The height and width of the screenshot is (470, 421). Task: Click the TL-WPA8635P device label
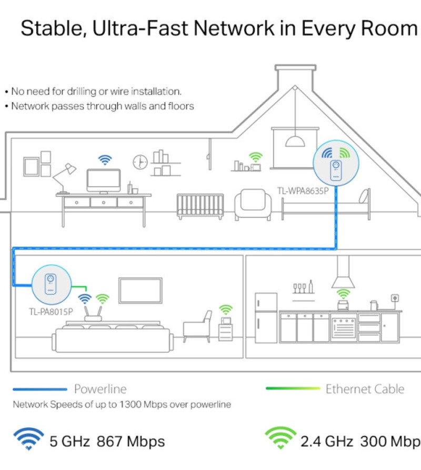pos(303,191)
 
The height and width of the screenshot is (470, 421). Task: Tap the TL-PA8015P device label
pos(51,312)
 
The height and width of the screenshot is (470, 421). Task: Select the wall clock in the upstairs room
pos(140,162)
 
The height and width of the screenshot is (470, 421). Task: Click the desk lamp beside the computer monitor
pos(64,178)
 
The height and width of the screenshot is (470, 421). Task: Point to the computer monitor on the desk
pos(104,181)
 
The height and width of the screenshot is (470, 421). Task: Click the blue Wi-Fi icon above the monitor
pos(105,160)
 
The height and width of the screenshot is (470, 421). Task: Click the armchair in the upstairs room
pos(253,205)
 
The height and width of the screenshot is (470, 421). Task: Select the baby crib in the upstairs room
pos(200,206)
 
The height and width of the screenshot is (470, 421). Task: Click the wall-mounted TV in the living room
pos(141,290)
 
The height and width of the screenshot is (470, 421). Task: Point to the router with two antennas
pos(93,313)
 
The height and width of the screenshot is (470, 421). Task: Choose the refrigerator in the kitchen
pos(266,318)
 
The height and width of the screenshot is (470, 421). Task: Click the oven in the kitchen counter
pos(344,328)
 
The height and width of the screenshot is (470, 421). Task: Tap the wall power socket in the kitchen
pos(395,298)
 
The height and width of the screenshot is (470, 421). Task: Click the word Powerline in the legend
pos(100,389)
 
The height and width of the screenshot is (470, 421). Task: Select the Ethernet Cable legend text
pos(365,389)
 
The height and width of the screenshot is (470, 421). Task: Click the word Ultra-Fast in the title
pos(141,28)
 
